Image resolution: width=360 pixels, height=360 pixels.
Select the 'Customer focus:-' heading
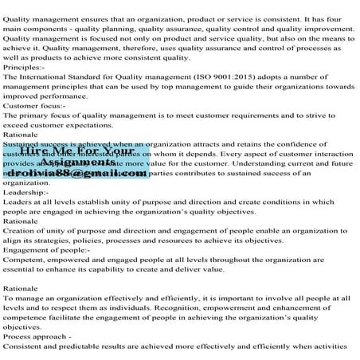coord(33,104)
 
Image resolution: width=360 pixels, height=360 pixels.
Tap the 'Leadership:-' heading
coord(25,192)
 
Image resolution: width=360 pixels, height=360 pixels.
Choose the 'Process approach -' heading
coord(38,337)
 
